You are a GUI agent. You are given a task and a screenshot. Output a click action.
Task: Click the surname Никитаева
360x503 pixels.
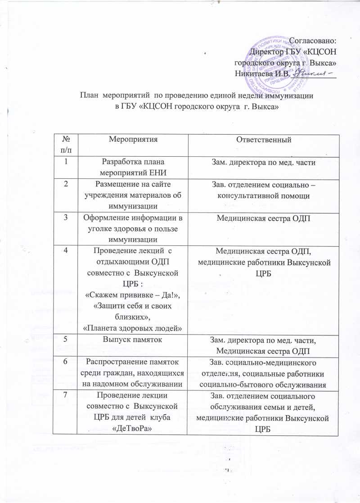coord(257,74)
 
